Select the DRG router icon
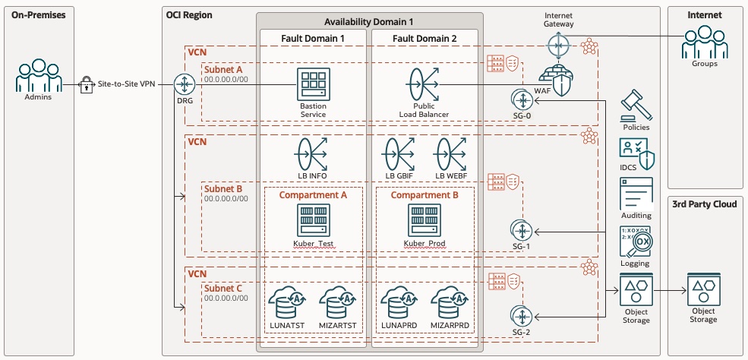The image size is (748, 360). coord(184,84)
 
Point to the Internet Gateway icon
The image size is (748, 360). coord(559,47)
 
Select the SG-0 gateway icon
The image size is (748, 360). coord(521,99)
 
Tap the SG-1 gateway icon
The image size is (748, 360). coord(521,229)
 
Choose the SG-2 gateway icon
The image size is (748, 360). coord(521,315)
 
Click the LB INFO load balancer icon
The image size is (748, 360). coord(312,154)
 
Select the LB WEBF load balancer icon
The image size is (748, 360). coord(450,154)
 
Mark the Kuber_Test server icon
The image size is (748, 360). coord(312,220)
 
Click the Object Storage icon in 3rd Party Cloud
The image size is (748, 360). coord(703,289)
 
